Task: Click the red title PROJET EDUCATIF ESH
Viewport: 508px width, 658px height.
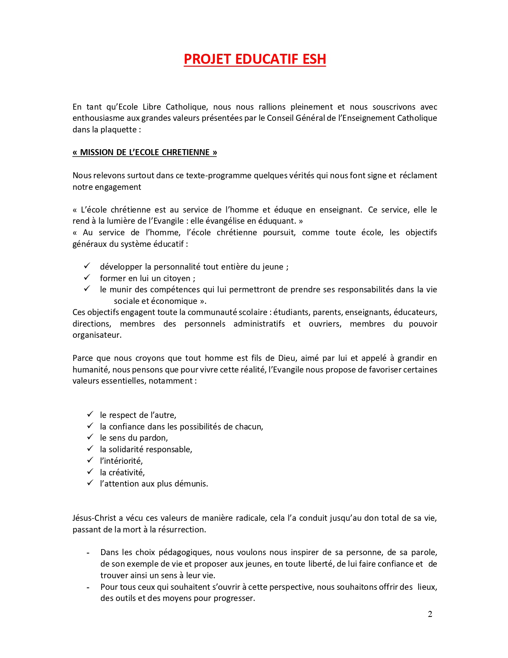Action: [255, 59]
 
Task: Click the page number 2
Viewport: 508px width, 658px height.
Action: [430, 614]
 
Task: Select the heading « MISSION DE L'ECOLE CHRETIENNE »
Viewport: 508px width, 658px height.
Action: [145, 152]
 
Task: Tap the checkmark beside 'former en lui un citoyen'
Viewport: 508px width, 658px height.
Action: [87, 277]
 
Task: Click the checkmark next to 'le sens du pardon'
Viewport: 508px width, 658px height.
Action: [90, 437]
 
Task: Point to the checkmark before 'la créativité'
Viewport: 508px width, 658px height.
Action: [90, 472]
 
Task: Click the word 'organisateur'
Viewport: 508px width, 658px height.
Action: [96, 335]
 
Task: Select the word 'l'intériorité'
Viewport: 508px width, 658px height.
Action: [121, 461]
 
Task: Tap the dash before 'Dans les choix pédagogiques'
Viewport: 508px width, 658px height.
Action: [88, 553]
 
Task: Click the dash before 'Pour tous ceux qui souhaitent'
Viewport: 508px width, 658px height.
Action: [88, 587]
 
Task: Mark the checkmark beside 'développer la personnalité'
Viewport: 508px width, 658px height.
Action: [87, 266]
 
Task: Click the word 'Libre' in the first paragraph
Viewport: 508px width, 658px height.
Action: [151, 107]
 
